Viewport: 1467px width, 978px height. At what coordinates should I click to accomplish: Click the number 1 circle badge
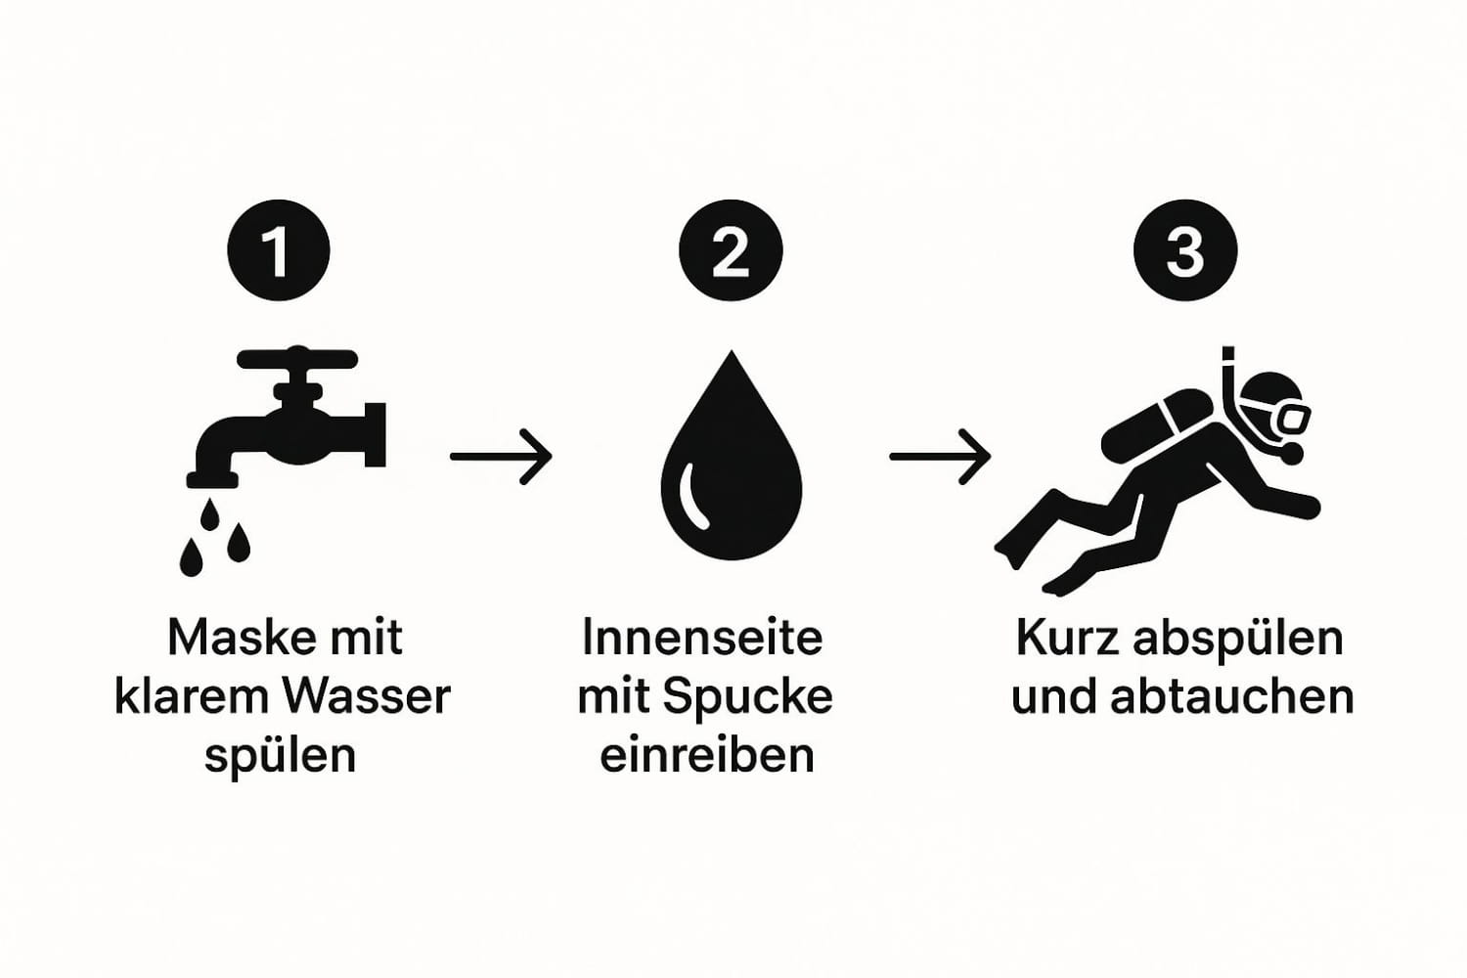click(x=279, y=251)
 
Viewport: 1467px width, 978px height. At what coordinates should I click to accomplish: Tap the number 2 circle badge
click(x=731, y=251)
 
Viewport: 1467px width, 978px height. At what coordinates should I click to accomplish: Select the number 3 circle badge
click(x=1185, y=251)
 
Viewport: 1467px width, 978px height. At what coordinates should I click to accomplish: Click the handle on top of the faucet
click(x=297, y=359)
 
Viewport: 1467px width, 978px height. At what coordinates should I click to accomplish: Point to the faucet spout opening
click(x=212, y=480)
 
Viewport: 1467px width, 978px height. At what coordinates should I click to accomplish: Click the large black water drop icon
click(x=732, y=455)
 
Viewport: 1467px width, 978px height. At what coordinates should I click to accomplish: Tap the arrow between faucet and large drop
click(x=501, y=457)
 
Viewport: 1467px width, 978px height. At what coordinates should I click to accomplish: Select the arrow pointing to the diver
click(x=941, y=457)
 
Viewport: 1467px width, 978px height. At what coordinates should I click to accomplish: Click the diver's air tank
click(x=1156, y=423)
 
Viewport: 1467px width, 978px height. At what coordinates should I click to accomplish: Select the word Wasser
click(x=366, y=696)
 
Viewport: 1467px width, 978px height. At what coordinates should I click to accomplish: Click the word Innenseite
click(x=702, y=638)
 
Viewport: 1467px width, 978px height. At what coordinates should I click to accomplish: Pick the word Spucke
click(x=747, y=697)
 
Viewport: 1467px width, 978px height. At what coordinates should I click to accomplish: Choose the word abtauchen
click(x=1232, y=696)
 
